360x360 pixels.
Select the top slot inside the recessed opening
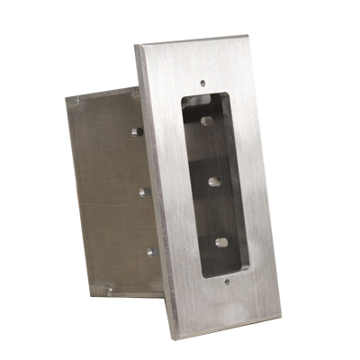pos(206,120)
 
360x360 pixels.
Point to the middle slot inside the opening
pos(214,181)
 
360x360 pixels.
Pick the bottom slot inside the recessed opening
pos(221,240)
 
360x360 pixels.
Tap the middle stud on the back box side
pos(143,192)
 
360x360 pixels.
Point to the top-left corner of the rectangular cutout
pos(179,94)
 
